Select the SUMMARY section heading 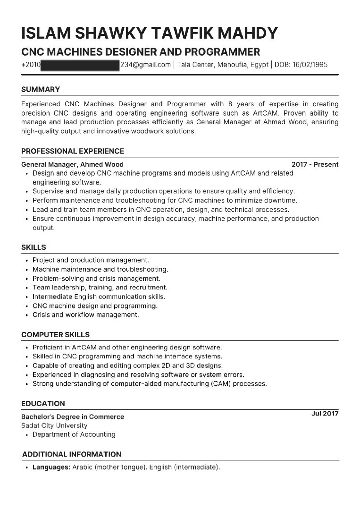tap(41, 89)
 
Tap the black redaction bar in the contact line tap(80, 65)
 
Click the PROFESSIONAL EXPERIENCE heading tap(73, 151)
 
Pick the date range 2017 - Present tap(315, 164)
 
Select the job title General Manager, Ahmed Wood tap(72, 164)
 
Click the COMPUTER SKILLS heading tap(55, 334)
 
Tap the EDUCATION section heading tap(43, 403)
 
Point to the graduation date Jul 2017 tap(325, 413)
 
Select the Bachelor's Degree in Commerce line tap(73, 417)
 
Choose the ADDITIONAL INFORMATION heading tap(72, 454)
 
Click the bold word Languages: tap(51, 467)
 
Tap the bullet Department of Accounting tap(74, 434)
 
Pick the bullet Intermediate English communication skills tap(99, 297)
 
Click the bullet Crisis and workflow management tap(85, 314)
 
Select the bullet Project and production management tap(91, 260)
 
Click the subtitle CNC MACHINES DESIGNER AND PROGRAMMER tap(141, 51)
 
